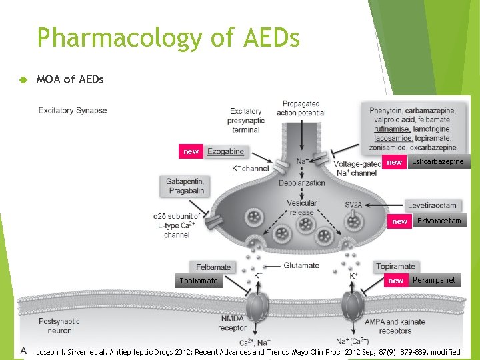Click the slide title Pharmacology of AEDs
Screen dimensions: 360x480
[x=168, y=38]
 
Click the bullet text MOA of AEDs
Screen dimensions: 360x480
[x=70, y=79]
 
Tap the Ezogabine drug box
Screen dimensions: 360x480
[x=225, y=151]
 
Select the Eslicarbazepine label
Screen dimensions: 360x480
[x=437, y=161]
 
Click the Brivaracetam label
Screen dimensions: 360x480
[x=439, y=221]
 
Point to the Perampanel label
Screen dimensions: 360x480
[x=433, y=280]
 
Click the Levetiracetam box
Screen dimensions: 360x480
[x=432, y=205]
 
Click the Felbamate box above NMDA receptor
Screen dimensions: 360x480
[x=213, y=267]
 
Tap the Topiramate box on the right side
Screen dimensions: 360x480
[x=395, y=266]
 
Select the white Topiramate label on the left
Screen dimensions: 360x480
[x=198, y=281]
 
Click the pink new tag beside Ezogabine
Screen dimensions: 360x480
[x=191, y=151]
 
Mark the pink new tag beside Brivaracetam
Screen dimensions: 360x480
[x=399, y=221]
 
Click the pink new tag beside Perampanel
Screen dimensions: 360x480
[x=396, y=281]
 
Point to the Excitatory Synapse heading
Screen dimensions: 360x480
[x=73, y=110]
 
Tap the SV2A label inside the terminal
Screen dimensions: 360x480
[x=353, y=205]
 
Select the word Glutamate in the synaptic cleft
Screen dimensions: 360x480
[x=301, y=265]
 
